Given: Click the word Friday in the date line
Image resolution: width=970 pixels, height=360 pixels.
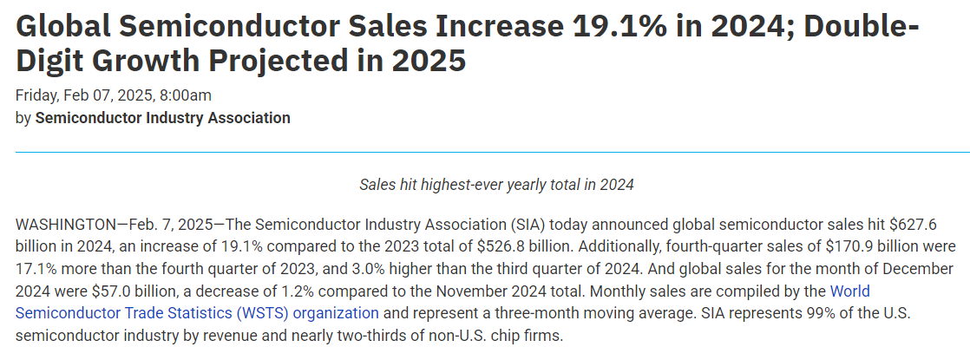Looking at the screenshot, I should tap(36, 95).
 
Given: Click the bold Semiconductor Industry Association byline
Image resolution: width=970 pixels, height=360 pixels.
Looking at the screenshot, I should tap(162, 118).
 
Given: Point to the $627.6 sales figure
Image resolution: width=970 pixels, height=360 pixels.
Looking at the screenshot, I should tap(927, 223).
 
